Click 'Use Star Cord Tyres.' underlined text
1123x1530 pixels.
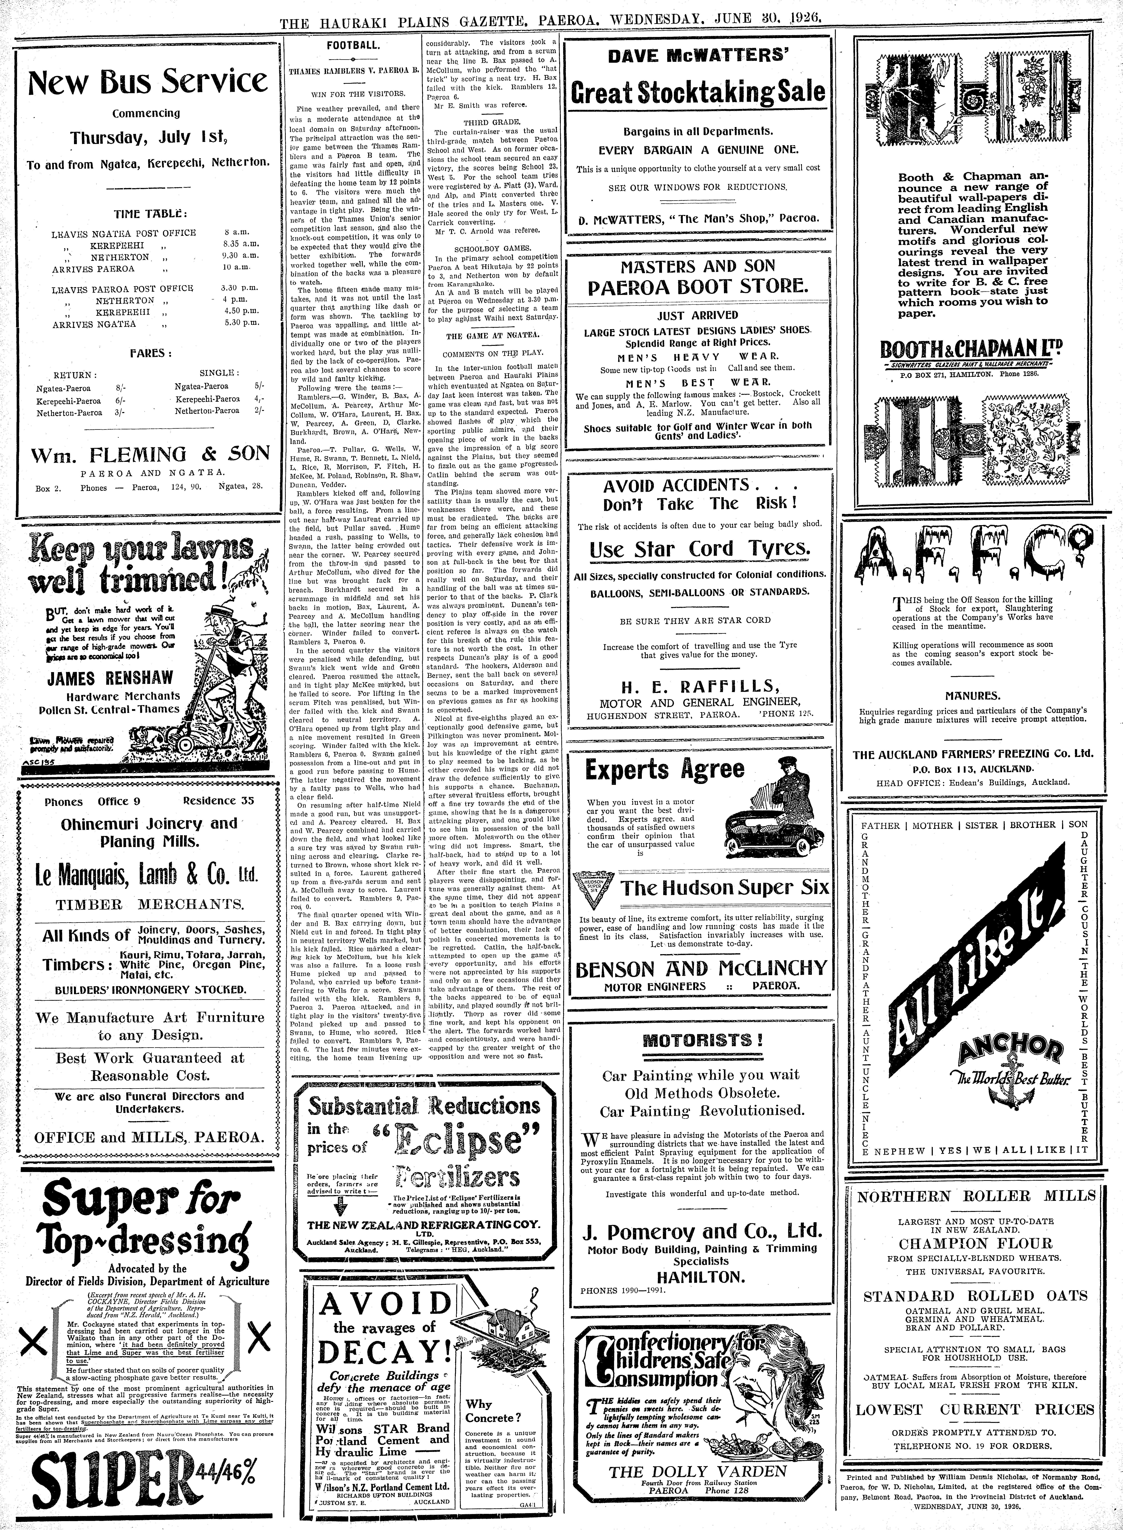pos(700,548)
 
